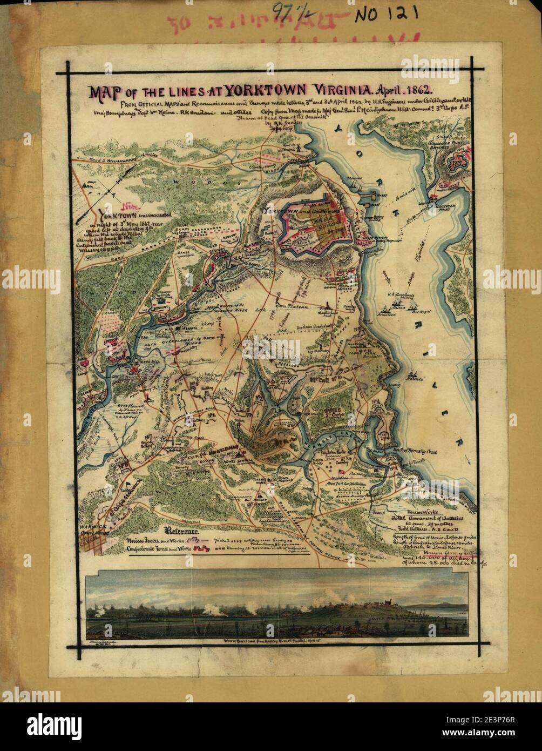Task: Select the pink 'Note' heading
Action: (130, 206)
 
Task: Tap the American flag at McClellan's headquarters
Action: (341, 472)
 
